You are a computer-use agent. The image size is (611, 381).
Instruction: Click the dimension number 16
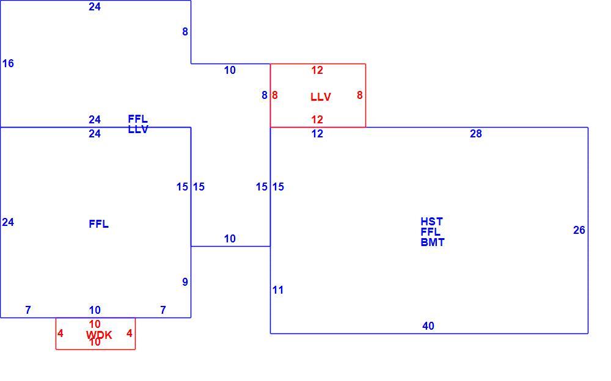pos(8,63)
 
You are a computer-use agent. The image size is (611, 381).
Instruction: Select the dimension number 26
pos(579,230)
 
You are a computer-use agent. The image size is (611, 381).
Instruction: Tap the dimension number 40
pos(428,325)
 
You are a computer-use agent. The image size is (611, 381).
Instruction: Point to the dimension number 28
pos(476,134)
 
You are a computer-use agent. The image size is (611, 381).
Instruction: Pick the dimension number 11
pos(278,290)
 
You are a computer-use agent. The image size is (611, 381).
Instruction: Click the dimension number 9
pos(185,281)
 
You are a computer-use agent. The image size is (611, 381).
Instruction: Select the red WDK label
pos(99,335)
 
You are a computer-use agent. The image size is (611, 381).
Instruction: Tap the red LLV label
pos(321,96)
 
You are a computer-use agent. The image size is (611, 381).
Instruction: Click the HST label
pos(432,221)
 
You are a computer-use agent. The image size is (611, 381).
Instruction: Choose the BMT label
pos(433,242)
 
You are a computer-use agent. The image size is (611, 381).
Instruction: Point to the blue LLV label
pos(138,129)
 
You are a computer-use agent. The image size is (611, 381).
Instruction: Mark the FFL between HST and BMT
pos(431,232)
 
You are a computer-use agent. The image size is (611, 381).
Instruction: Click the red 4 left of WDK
pos(60,333)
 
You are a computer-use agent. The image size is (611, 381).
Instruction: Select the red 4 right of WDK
pos(130,333)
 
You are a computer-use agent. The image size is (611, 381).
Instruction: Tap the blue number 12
pos(317,134)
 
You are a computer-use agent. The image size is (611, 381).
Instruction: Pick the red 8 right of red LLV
pos(360,95)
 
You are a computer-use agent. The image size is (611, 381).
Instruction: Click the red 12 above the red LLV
pos(317,70)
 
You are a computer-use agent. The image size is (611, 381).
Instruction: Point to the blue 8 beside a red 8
pos(265,95)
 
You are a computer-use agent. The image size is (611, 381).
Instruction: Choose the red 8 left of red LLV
pos(275,95)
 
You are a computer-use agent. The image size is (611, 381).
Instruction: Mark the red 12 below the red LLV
pos(317,119)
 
